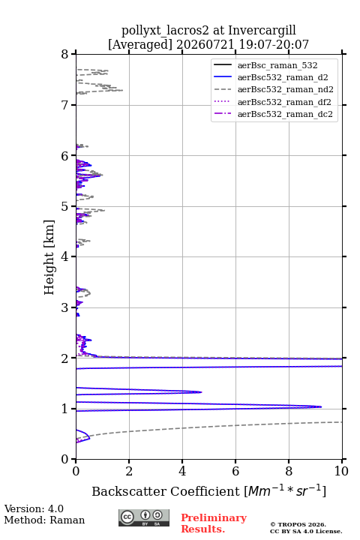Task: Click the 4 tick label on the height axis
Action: coord(64,257)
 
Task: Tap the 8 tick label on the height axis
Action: coord(64,55)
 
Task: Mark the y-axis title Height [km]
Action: coord(49,257)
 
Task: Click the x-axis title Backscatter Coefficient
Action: coord(166,491)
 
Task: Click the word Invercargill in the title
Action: coord(262,31)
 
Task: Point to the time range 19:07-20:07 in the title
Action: coord(272,44)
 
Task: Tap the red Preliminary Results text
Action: coord(214,523)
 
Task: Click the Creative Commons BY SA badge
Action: coord(144,518)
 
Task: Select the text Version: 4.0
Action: coord(34,508)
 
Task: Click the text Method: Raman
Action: coord(44,520)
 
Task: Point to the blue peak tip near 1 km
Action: coord(322,406)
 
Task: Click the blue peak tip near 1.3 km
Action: coord(202,392)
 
